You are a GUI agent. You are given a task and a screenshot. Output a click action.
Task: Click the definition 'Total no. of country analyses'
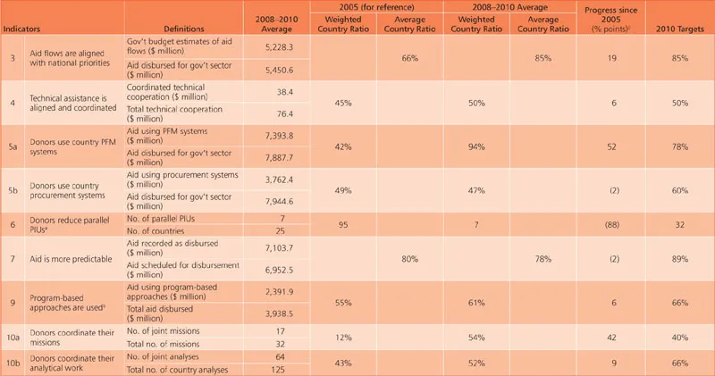178,369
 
